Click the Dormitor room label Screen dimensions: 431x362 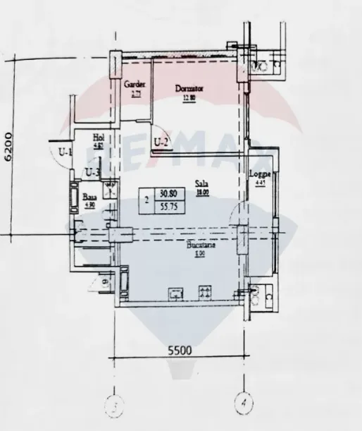coord(189,89)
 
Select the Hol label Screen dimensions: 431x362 coord(99,138)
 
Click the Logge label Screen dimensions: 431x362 coord(261,175)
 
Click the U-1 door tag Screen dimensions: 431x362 coord(65,150)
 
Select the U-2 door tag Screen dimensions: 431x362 coord(161,144)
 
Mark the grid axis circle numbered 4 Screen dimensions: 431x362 coord(243,403)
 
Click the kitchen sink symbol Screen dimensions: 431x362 coord(175,293)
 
